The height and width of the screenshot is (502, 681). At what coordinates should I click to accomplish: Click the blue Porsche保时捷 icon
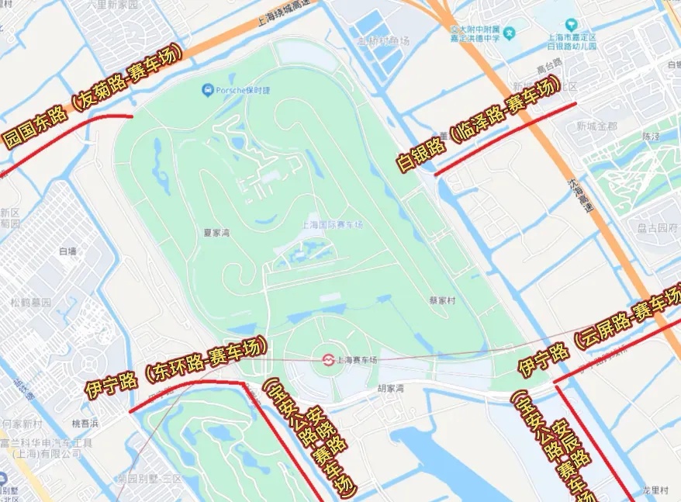tap(207, 91)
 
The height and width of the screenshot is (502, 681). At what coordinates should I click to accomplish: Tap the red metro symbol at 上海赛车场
tap(329, 359)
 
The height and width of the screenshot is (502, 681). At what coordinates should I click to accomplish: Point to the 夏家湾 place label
tap(217, 232)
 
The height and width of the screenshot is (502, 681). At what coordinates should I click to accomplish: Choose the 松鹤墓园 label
tap(30, 302)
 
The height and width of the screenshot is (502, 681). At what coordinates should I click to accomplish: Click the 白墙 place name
tap(67, 251)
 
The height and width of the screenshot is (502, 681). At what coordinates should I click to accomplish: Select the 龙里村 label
tap(655, 490)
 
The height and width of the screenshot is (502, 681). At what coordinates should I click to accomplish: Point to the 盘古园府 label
tap(657, 228)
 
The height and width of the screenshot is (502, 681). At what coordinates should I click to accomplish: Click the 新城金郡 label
tap(596, 126)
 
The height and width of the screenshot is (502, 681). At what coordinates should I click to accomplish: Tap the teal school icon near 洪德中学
tap(509, 34)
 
